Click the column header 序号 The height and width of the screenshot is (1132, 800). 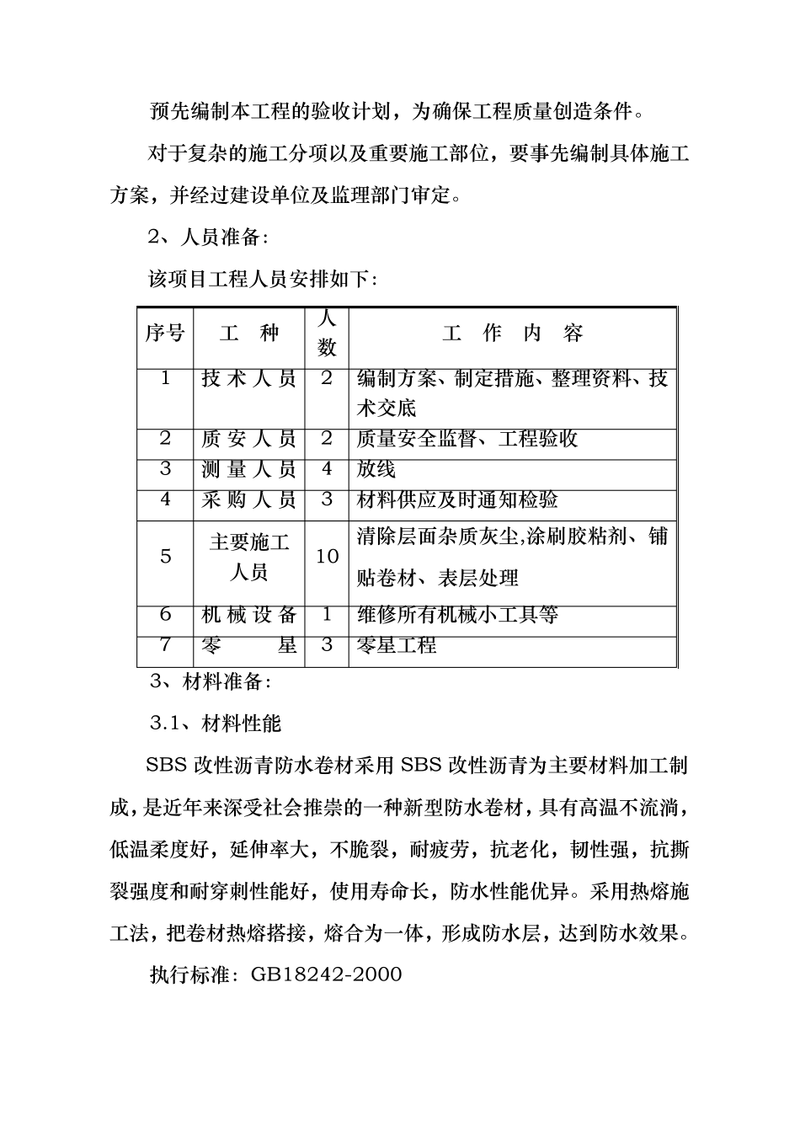(x=165, y=334)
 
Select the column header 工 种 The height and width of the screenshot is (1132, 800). (x=249, y=334)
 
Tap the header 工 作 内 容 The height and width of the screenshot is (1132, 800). (x=512, y=334)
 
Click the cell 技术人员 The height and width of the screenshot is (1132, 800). (x=249, y=379)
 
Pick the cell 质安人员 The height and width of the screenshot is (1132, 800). (x=249, y=439)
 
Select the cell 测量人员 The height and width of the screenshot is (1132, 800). (x=249, y=469)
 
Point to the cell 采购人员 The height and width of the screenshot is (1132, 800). (x=249, y=500)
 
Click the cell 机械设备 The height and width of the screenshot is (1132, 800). (x=249, y=615)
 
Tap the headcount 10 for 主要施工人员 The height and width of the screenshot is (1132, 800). (x=327, y=557)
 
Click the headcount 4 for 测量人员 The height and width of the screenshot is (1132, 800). (x=327, y=469)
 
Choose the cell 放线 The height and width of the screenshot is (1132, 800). (x=376, y=469)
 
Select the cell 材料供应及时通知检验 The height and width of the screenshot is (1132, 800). (x=457, y=500)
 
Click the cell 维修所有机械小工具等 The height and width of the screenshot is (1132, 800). (x=457, y=615)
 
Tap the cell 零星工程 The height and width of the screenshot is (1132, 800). (x=397, y=646)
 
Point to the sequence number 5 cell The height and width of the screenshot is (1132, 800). (x=165, y=557)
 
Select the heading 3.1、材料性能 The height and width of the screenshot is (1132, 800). (x=215, y=723)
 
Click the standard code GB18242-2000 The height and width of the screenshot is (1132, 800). (x=326, y=974)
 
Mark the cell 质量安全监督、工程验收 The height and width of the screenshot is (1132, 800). (x=467, y=439)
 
